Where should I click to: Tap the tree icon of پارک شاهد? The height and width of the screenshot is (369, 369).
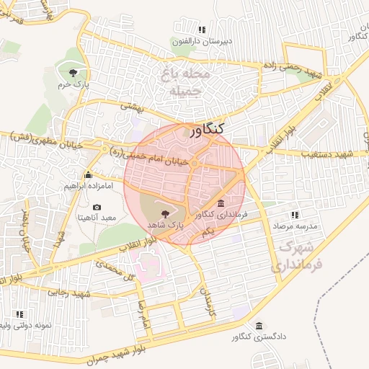click(x=166, y=214)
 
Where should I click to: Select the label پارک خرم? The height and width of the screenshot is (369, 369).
click(x=73, y=86)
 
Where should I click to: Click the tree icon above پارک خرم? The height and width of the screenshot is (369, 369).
click(x=73, y=72)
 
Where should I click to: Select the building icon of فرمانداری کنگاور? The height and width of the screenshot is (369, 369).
click(x=220, y=203)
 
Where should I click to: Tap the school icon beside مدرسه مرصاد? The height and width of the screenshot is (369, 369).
click(x=294, y=215)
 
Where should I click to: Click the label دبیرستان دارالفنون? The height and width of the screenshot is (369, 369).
click(x=202, y=41)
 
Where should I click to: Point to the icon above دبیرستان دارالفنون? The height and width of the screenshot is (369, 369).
click(x=202, y=30)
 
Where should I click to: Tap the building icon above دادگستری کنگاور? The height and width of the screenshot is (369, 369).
click(x=259, y=325)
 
